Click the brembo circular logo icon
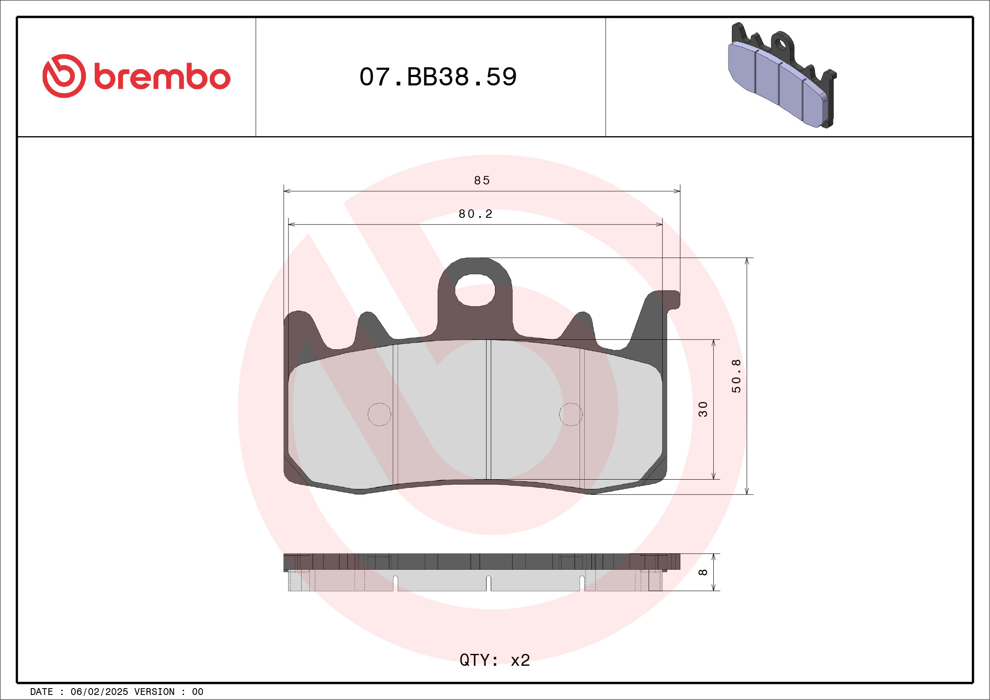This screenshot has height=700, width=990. [64, 76]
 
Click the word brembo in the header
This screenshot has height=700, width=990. [162, 77]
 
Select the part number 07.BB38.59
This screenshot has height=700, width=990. [437, 77]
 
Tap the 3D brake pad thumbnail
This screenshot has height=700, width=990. [782, 76]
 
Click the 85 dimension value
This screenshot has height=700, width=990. [482, 180]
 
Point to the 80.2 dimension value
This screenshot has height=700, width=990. [475, 214]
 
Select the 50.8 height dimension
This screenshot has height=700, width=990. [736, 376]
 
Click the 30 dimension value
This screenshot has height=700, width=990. [703, 409]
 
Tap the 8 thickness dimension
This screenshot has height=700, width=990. [703, 572]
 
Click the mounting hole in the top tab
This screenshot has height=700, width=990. [475, 290]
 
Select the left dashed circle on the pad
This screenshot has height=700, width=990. [379, 415]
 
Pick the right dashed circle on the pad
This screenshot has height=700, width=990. [570, 415]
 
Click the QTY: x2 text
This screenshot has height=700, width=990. [495, 660]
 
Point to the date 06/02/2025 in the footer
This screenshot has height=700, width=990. [99, 692]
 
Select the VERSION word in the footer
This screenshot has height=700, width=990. [154, 692]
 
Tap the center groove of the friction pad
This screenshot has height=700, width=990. [488, 409]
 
